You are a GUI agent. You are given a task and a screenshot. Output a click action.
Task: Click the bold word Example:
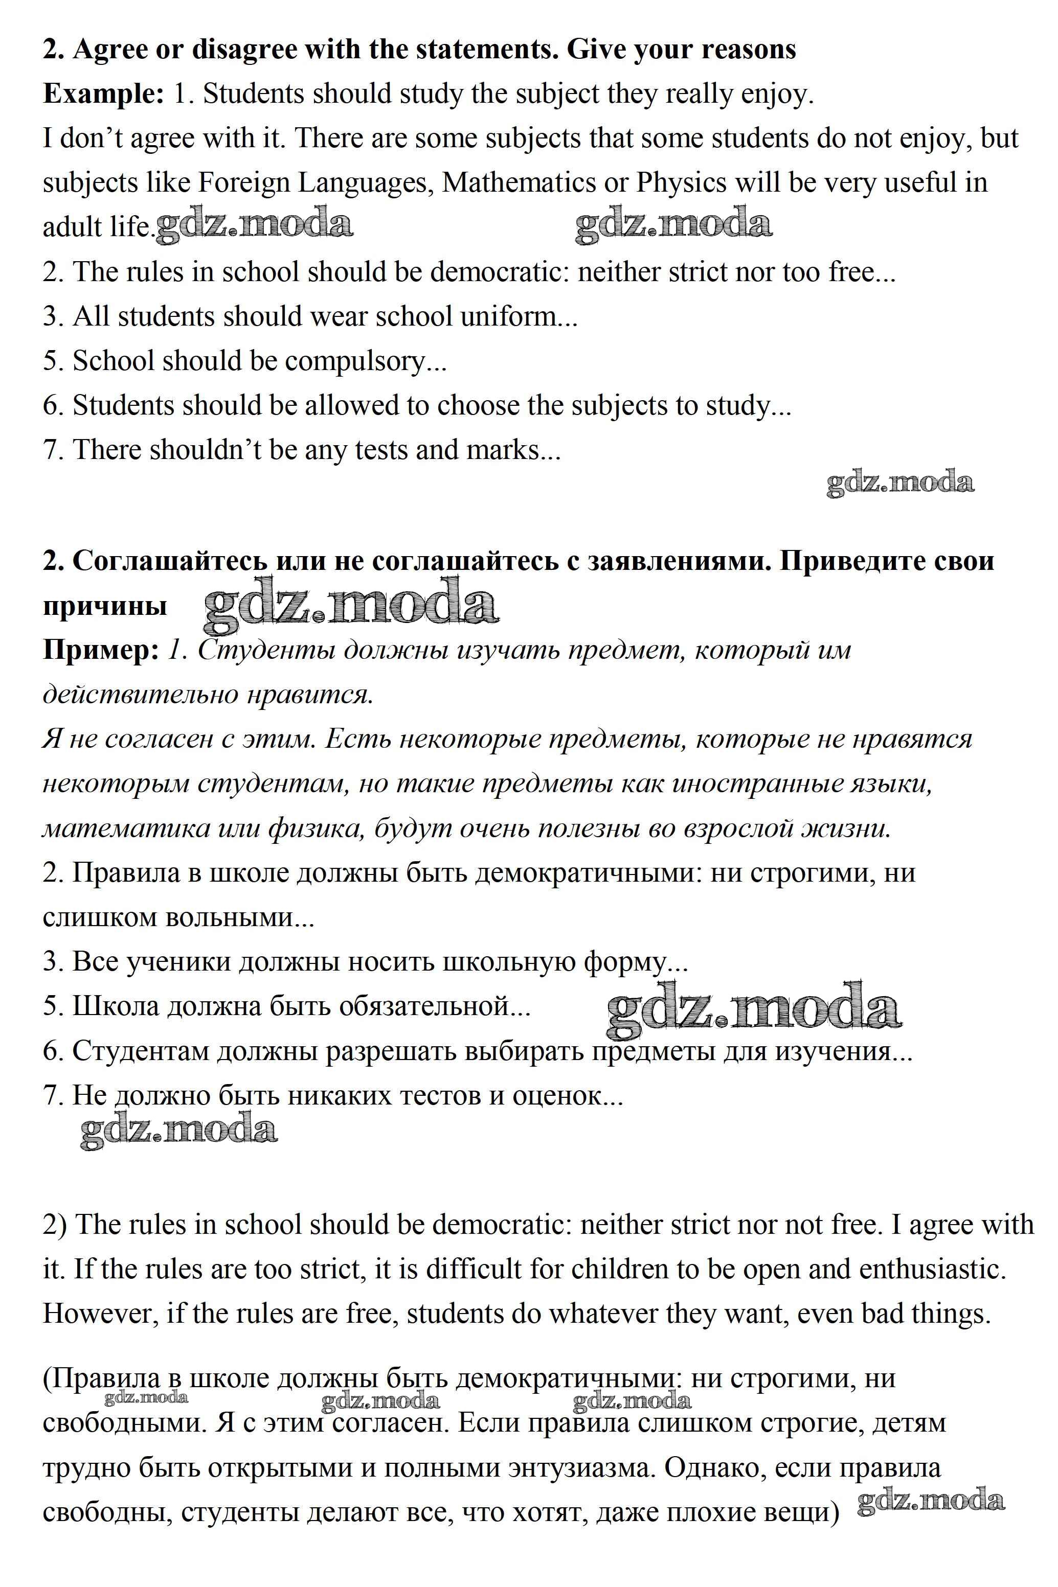pos(103,94)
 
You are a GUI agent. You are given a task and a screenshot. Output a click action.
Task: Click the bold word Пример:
pos(101,650)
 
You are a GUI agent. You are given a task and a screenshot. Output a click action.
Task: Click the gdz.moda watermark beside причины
pos(351,606)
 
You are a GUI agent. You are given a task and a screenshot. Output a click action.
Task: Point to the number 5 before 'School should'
pos(49,361)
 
